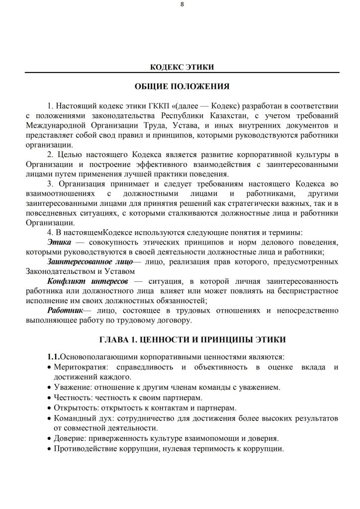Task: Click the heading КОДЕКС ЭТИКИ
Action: [x=182, y=67]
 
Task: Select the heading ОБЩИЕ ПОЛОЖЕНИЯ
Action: [x=182, y=86]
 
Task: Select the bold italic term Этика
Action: [x=60, y=242]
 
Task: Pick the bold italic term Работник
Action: [x=65, y=310]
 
